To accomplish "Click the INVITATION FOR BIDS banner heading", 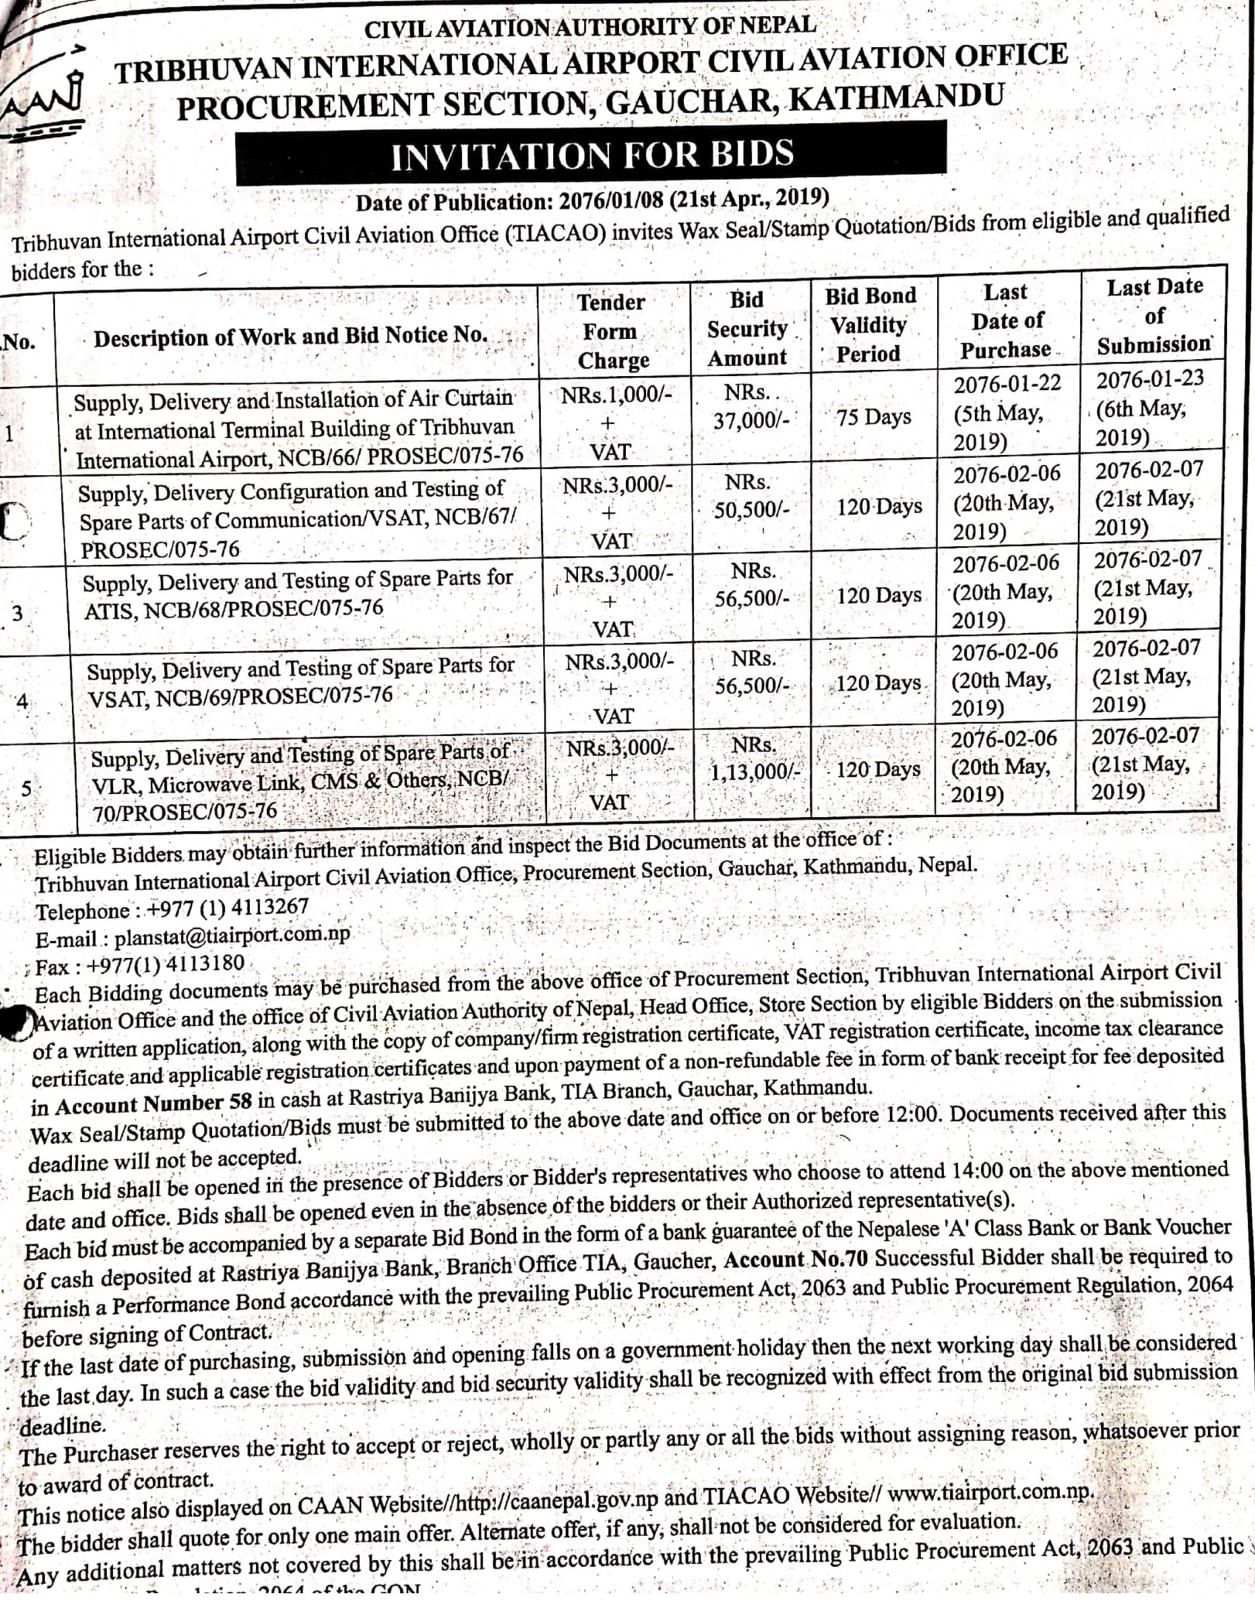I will coord(591,156).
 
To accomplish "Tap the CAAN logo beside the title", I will coord(46,100).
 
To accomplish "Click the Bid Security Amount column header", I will coord(747,329).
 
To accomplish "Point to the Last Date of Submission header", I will coord(1154,316).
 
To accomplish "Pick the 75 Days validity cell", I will coord(873,418).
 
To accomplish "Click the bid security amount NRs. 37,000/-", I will coord(749,407).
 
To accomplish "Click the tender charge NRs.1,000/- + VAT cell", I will coord(616,422).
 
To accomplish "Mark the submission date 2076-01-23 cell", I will coord(1148,409).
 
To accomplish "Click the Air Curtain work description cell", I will coord(298,429).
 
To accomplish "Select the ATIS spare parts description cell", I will coord(298,593).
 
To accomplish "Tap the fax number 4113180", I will coord(204,964).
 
